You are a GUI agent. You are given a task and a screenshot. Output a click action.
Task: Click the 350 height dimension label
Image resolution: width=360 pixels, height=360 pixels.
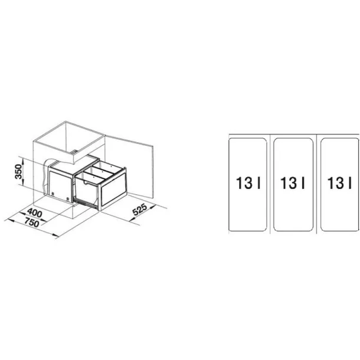[18, 171]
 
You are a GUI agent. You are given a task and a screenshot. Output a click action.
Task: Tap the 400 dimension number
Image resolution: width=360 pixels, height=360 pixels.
[35, 212]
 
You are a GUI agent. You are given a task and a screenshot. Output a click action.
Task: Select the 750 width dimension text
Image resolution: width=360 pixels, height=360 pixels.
[32, 222]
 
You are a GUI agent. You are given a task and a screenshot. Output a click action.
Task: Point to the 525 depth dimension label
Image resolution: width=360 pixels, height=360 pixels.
[140, 209]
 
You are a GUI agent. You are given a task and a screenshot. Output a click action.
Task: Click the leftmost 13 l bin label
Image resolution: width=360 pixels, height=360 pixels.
[248, 183]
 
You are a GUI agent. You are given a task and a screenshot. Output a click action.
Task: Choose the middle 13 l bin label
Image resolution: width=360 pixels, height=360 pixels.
[293, 183]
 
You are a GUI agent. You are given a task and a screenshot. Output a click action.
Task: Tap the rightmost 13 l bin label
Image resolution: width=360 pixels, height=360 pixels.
[339, 183]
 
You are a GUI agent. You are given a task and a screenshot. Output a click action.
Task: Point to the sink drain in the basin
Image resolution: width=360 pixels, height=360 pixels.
[74, 152]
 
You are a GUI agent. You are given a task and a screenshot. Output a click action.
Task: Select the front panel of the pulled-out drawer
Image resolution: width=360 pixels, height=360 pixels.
[113, 189]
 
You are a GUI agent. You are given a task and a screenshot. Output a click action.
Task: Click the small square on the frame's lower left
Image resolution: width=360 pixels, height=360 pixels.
[53, 194]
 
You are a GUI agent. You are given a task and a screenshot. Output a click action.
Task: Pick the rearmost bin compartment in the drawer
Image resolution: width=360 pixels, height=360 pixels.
[107, 166]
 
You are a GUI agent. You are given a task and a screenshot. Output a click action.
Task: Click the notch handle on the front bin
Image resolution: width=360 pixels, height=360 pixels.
[86, 183]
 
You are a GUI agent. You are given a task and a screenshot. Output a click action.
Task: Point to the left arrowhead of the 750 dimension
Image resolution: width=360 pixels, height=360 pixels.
[10, 221]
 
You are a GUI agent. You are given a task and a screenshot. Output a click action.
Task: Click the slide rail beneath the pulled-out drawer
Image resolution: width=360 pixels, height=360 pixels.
[86, 204]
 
